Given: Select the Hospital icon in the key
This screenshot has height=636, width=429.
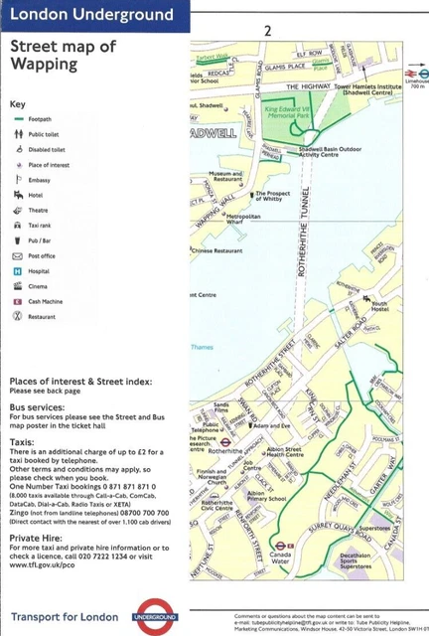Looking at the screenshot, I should (16, 270).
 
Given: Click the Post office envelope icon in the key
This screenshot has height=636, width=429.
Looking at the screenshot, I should (16, 255).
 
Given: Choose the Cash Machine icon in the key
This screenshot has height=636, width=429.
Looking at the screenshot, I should (16, 300).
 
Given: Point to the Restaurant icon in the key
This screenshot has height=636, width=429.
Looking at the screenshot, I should (16, 315).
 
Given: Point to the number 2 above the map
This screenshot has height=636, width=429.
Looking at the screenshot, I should (267, 32).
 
